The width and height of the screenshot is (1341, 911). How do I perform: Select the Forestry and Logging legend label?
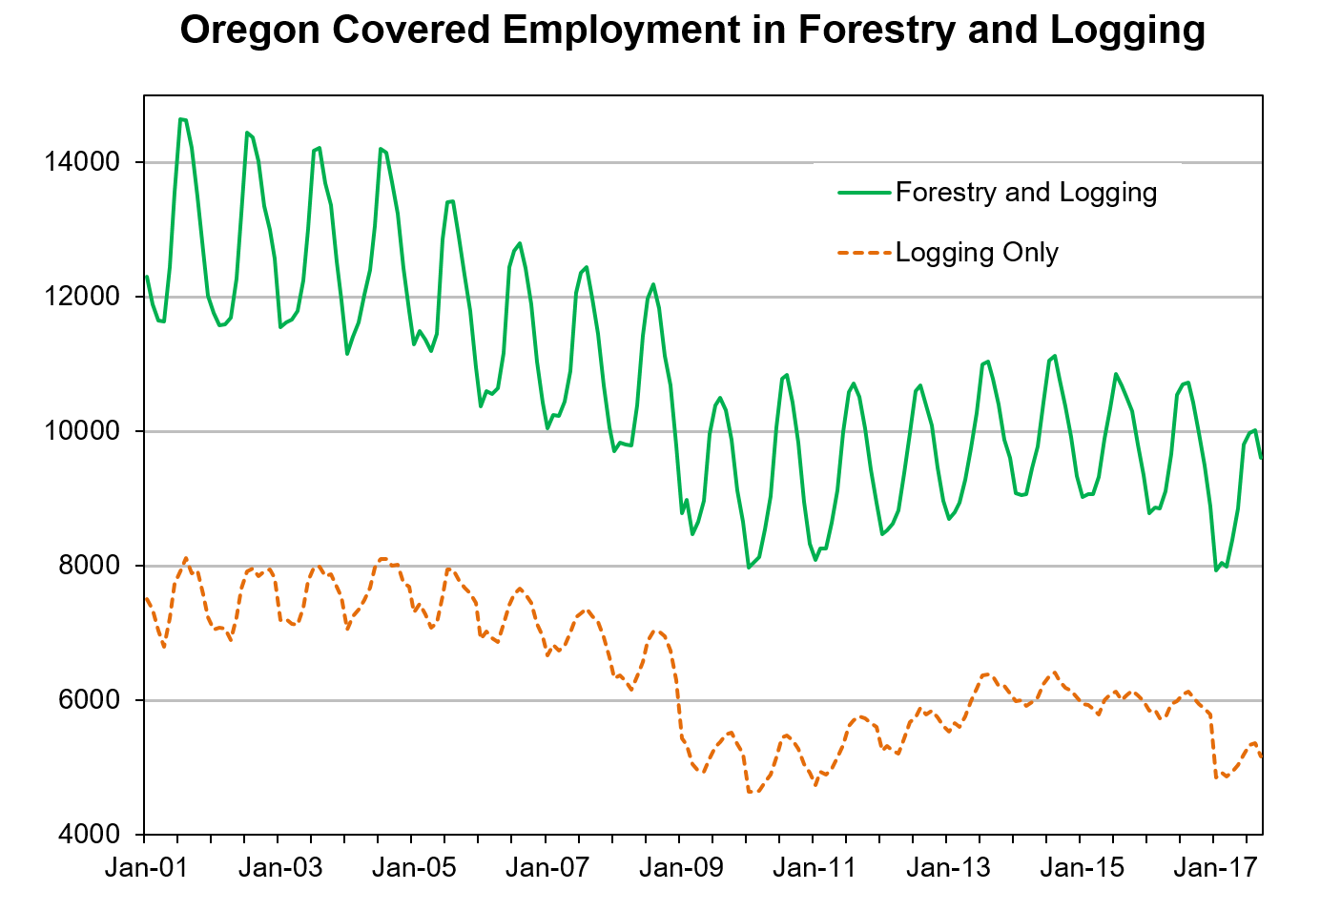[1025, 193]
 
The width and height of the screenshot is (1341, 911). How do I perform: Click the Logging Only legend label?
[977, 253]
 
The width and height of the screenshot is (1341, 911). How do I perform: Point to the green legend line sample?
[865, 193]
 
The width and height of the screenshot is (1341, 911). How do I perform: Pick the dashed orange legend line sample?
[865, 253]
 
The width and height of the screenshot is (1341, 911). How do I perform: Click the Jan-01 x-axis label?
[147, 868]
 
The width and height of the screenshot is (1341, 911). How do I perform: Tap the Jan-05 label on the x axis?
[414, 868]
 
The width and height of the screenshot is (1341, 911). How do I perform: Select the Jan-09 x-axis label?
[681, 868]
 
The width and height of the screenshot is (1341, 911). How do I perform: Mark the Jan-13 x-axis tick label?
[948, 868]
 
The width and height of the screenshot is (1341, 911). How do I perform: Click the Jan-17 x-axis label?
[1215, 868]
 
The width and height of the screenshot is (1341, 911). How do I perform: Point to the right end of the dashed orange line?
[1262, 756]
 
